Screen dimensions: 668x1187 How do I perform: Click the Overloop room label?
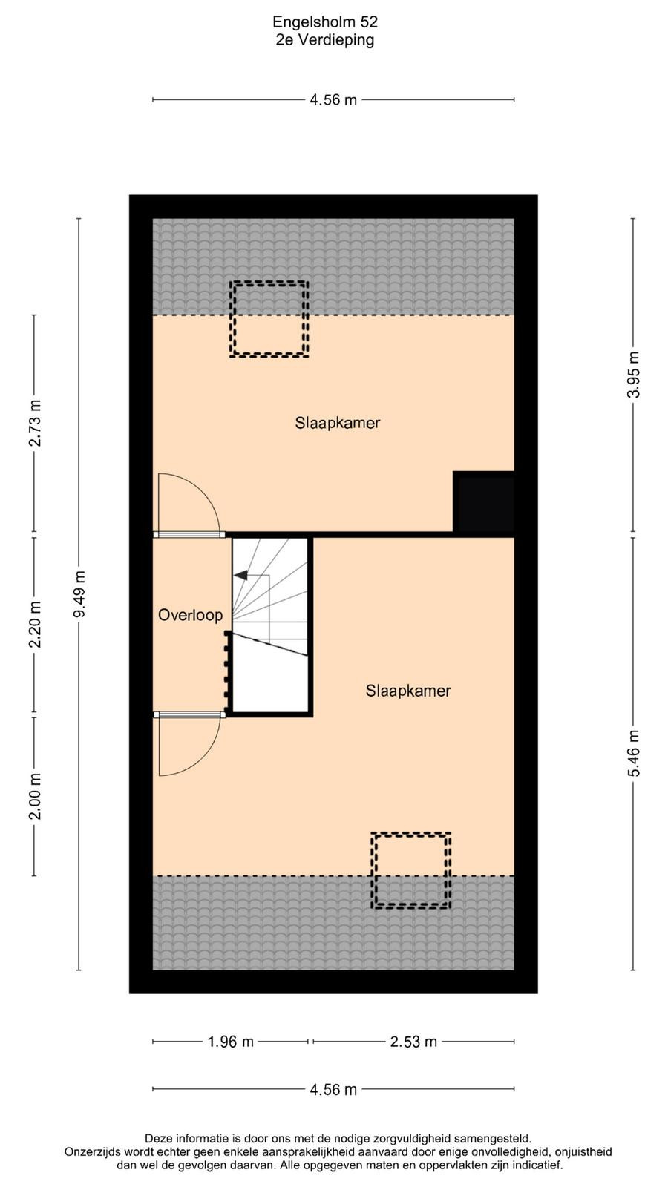[x=190, y=615]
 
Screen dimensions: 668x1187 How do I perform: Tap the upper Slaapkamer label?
[x=338, y=423]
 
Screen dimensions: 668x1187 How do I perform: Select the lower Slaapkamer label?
[x=408, y=691]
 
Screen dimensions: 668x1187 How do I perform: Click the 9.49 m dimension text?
[x=79, y=594]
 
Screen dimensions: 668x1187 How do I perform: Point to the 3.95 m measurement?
[x=634, y=375]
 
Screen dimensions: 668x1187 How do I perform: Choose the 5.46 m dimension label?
[x=634, y=753]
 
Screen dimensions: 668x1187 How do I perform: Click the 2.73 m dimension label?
[x=35, y=423]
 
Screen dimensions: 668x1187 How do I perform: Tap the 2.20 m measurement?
[x=35, y=625]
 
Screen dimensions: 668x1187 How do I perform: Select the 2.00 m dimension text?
[x=35, y=797]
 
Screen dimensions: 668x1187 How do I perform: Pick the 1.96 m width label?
[x=231, y=1042]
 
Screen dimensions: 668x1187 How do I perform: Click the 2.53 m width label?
[x=413, y=1042]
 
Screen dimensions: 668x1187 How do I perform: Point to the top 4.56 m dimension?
[x=333, y=99]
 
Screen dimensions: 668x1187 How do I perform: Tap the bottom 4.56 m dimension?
[x=333, y=1089]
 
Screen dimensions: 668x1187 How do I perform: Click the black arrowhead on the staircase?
[x=240, y=575]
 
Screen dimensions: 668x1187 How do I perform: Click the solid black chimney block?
[x=483, y=502]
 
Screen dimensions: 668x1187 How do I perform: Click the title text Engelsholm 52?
[x=325, y=22]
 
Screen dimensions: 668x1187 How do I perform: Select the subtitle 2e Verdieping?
[x=325, y=40]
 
